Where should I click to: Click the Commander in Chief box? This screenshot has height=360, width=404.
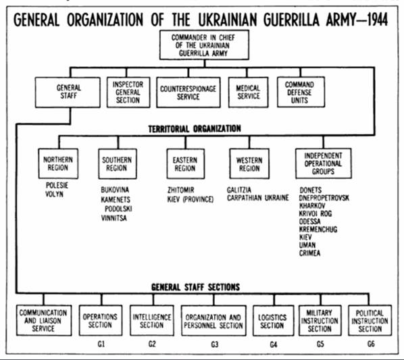pyautogui.click(x=204, y=45)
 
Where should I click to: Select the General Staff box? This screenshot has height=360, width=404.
pyautogui.click(x=68, y=92)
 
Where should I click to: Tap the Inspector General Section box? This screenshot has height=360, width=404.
pyautogui.click(x=128, y=92)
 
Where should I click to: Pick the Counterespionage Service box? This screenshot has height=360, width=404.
pyautogui.click(x=188, y=92)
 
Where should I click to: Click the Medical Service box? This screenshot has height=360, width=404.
pyautogui.click(x=248, y=92)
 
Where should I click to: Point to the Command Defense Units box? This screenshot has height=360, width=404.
pyautogui.click(x=301, y=92)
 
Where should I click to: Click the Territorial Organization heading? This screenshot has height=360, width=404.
pyautogui.click(x=195, y=128)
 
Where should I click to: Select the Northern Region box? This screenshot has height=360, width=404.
pyautogui.click(x=58, y=163)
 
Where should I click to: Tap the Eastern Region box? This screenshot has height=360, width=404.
pyautogui.click(x=186, y=163)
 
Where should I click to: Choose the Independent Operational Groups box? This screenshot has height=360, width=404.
pyautogui.click(x=324, y=163)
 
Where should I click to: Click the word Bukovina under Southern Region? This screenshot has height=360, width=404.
pyautogui.click(x=115, y=190)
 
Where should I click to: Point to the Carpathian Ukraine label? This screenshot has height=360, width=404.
pyautogui.click(x=258, y=198)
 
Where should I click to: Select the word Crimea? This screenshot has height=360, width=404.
pyautogui.click(x=309, y=253)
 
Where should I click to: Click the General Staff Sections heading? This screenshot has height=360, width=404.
pyautogui.click(x=195, y=287)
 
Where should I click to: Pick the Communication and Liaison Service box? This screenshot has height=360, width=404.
pyautogui.click(x=44, y=320)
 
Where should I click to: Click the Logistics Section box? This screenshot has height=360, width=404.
pyautogui.click(x=274, y=321)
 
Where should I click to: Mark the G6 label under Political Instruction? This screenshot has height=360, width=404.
pyautogui.click(x=371, y=344)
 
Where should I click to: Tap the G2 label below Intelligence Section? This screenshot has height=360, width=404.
pyautogui.click(x=152, y=344)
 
